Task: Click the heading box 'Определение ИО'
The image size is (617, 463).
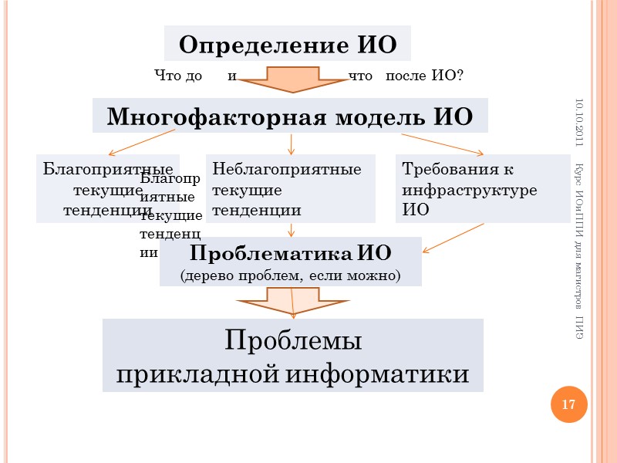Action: [287, 44]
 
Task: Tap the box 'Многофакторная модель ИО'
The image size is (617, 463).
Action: [290, 116]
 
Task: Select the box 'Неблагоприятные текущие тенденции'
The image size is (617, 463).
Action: [290, 189]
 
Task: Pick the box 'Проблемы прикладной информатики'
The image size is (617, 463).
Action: [292, 356]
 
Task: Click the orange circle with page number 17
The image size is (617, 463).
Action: [568, 405]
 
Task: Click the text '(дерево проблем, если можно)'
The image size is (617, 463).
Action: [290, 274]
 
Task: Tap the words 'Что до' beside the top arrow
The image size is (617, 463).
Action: [178, 76]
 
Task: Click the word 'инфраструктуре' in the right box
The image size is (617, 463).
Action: [470, 189]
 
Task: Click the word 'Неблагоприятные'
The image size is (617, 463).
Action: [287, 169]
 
